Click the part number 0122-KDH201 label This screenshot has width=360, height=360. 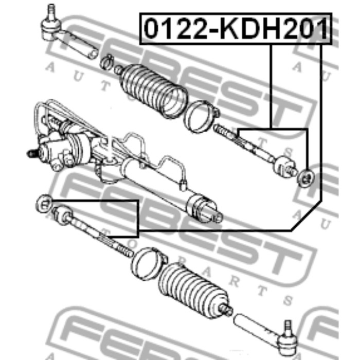point(236,29)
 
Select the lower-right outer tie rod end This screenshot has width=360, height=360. point(266,335)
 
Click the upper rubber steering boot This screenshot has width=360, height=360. point(153,91)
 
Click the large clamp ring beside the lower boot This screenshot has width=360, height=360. point(149,263)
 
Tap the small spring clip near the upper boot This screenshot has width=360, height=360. point(107,62)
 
